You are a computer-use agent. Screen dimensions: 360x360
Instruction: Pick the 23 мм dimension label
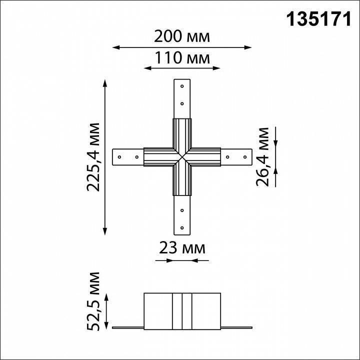(x=182, y=247)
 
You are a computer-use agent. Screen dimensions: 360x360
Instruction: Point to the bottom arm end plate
(x=182, y=215)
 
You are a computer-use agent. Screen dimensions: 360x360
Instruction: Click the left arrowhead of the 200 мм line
(x=114, y=47)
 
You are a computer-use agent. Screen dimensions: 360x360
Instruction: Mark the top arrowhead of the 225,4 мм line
(x=105, y=82)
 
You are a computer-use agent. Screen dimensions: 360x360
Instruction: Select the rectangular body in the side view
(x=182, y=310)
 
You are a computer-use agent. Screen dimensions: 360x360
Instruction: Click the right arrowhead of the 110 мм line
(x=218, y=68)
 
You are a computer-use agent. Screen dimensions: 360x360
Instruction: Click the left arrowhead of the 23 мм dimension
(x=155, y=260)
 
